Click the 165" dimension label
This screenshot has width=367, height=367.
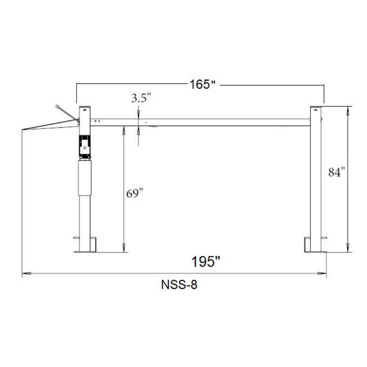(x=202, y=84)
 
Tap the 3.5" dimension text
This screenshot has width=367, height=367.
(x=141, y=98)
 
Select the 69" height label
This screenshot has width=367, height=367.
(x=134, y=194)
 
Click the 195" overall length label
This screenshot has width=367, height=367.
(x=206, y=261)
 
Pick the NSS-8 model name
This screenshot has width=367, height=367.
(x=179, y=285)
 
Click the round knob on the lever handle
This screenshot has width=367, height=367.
(x=57, y=106)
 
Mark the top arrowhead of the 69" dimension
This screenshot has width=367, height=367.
(x=123, y=131)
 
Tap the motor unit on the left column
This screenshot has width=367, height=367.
(x=85, y=147)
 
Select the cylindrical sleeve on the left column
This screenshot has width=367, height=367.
(x=85, y=177)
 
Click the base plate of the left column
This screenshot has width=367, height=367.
(x=85, y=251)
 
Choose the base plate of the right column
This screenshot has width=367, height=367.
(x=315, y=252)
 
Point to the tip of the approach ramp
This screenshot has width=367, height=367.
(x=23, y=130)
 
